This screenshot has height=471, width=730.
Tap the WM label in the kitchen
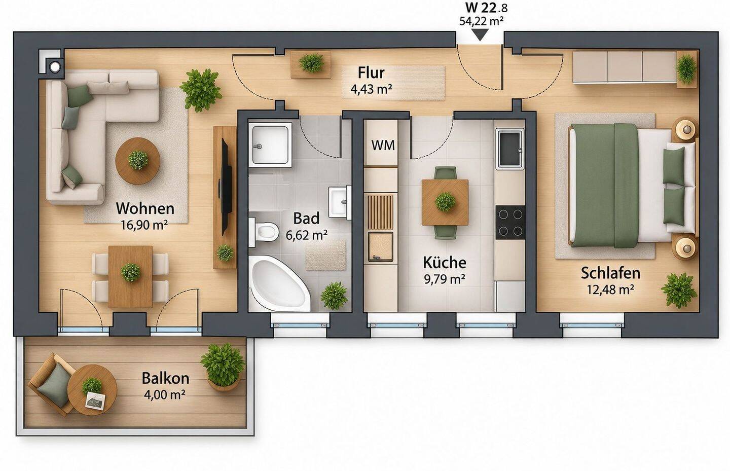point(383,145)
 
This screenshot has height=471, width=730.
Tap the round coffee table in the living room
point(137,161)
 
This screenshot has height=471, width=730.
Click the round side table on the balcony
point(92,390)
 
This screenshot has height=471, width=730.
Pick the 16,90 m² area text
point(144,225)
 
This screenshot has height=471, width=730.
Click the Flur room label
point(371,73)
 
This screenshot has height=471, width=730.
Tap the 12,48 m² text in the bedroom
point(610,289)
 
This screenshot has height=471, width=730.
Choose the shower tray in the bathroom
point(270,144)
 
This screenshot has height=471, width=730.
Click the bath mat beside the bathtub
point(325,255)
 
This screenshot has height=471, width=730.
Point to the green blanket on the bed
point(604,186)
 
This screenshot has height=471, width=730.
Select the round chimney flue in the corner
point(54,67)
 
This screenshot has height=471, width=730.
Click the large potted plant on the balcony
point(223,367)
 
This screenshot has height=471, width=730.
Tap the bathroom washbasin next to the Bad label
point(339,201)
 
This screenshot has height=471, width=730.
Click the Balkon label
point(165,378)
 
